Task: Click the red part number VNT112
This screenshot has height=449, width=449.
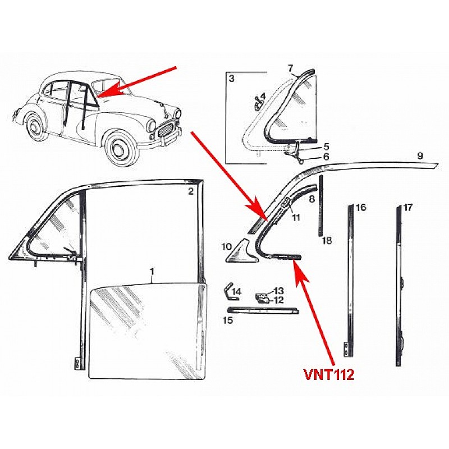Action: (x=329, y=374)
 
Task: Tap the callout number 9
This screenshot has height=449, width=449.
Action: (x=420, y=156)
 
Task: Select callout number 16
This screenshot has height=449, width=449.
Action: (x=361, y=207)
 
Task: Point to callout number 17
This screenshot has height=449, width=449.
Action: (x=408, y=207)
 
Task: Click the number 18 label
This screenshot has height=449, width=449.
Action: (x=327, y=240)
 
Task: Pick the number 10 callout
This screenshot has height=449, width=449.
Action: (x=227, y=246)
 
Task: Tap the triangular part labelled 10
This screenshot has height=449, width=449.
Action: (x=241, y=253)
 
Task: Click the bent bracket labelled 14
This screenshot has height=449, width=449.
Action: (x=230, y=291)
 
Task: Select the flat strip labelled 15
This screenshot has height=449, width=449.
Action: (x=263, y=310)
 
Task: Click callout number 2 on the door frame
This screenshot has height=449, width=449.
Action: (x=191, y=191)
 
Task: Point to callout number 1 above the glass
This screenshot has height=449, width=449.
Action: (x=152, y=271)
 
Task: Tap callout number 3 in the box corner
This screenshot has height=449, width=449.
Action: (x=231, y=78)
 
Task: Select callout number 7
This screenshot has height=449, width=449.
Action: (x=290, y=68)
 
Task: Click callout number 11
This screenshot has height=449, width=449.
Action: (x=296, y=218)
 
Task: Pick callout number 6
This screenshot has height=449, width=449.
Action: (x=326, y=157)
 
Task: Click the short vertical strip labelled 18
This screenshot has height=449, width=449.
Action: (x=320, y=206)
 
